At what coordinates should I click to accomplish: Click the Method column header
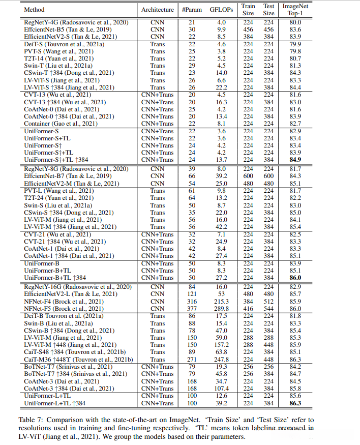(34, 9)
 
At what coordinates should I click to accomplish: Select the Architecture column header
(157, 9)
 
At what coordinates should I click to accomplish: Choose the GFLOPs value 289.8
(221, 309)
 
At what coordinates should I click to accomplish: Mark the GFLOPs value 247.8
(221, 360)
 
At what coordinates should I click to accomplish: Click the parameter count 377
(193, 309)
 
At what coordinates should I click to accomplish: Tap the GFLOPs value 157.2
(221, 345)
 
